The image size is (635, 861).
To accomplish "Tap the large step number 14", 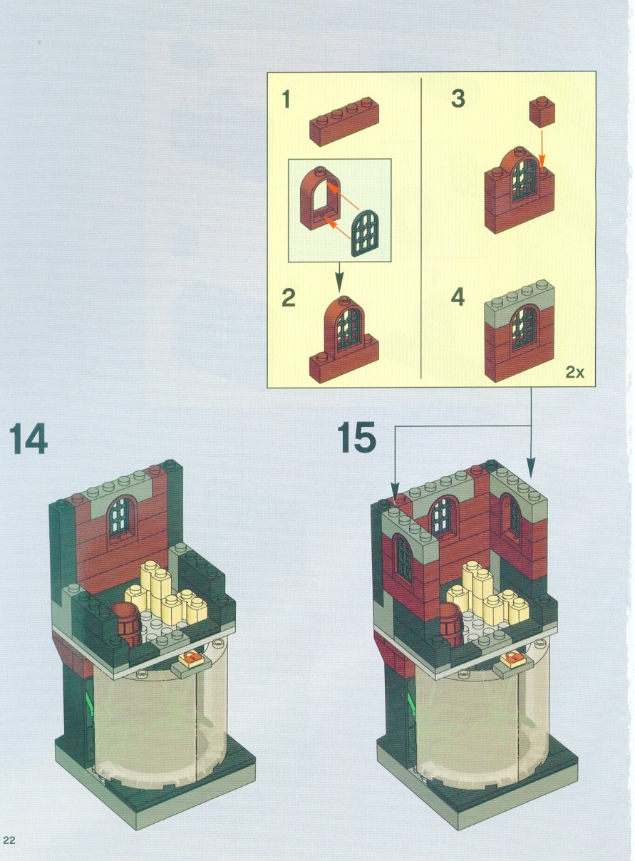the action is (x=28, y=438).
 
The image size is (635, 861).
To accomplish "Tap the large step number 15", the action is (x=356, y=437).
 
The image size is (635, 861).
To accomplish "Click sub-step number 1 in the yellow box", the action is (x=286, y=98).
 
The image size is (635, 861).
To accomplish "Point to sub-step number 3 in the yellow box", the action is (x=458, y=98).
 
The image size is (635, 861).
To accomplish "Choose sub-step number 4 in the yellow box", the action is (x=458, y=297).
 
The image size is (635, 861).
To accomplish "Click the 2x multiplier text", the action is (x=574, y=372).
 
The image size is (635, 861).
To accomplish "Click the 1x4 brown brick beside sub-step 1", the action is (x=344, y=121).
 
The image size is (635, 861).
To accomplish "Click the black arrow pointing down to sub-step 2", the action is (x=339, y=277).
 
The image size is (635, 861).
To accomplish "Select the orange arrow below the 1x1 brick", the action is (x=542, y=149).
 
